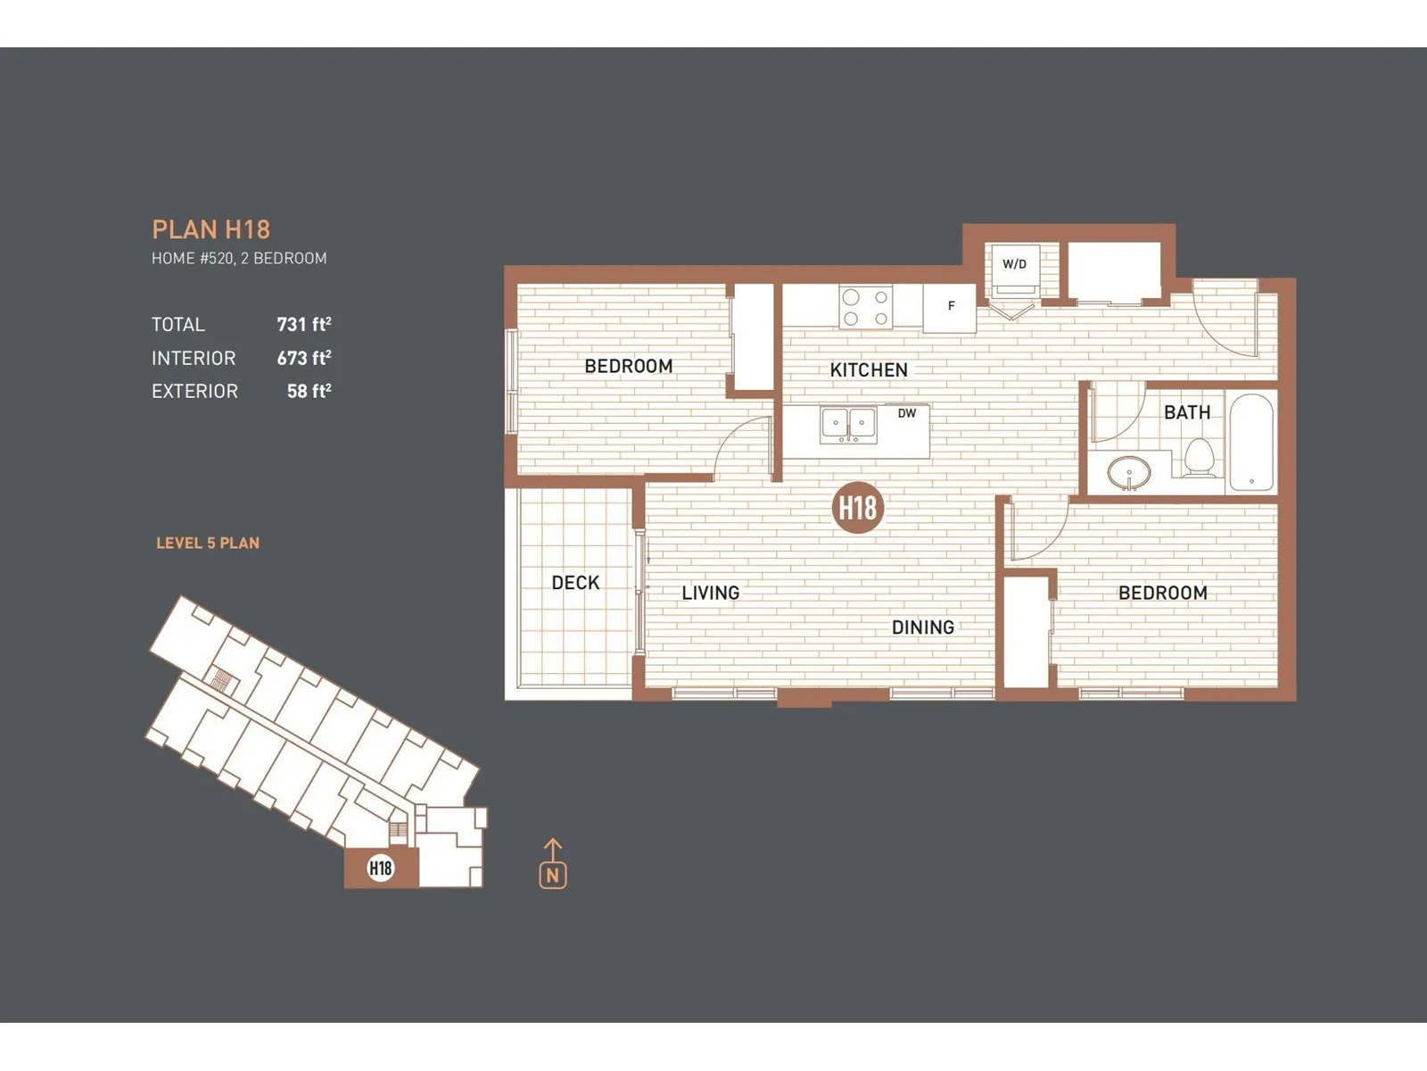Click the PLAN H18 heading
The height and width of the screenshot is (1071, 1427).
coord(210,229)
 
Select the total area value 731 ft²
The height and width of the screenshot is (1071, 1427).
coord(304,324)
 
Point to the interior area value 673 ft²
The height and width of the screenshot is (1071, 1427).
coord(304,358)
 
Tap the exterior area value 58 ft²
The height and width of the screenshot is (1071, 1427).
coord(309,391)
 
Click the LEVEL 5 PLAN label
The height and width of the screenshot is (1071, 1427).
coord(208,543)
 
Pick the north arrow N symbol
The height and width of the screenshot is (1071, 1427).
coord(553,864)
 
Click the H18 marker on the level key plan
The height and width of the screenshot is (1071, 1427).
coord(380,868)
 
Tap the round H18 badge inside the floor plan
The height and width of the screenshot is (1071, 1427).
coord(858,508)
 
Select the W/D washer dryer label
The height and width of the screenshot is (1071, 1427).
coord(1014,264)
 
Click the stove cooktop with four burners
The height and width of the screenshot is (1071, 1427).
coord(865,307)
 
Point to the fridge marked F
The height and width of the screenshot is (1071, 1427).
coord(950,308)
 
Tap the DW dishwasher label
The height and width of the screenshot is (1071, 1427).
coord(907,413)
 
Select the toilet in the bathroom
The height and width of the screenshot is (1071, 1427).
coord(1200,457)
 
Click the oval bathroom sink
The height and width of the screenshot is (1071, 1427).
coord(1129,472)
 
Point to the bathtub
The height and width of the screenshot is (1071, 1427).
coord(1251,442)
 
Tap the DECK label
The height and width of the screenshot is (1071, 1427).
coord(575,583)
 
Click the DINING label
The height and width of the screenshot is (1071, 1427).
coord(923,627)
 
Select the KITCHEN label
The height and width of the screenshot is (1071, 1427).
coord(869,370)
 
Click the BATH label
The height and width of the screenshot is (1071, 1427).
coord(1187,412)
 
